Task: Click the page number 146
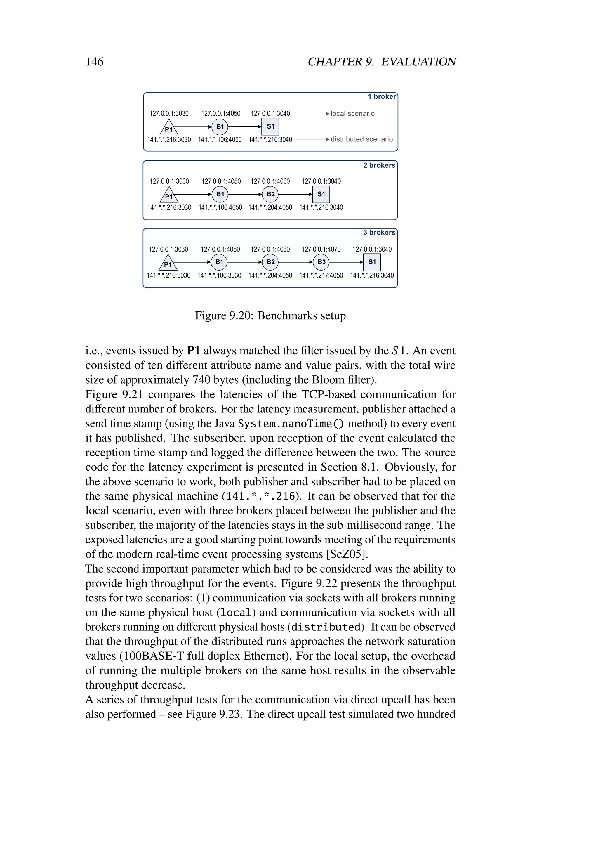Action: pos(94,62)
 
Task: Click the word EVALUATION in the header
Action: pos(418,62)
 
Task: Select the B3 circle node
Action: pos(321,262)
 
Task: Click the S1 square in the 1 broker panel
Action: pos(270,126)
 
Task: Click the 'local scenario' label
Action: pos(352,113)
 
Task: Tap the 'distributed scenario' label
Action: pos(361,139)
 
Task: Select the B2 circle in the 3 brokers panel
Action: pos(270,262)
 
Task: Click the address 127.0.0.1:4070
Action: pos(321,249)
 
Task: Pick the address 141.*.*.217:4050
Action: pos(321,275)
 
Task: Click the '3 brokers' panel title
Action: pos(379,233)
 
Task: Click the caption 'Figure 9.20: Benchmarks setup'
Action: pos(270,316)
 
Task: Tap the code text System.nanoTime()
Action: pos(291,424)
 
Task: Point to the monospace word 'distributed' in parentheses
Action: pos(326,627)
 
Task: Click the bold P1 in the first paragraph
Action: pos(193,351)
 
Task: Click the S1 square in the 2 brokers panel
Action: pos(321,194)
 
